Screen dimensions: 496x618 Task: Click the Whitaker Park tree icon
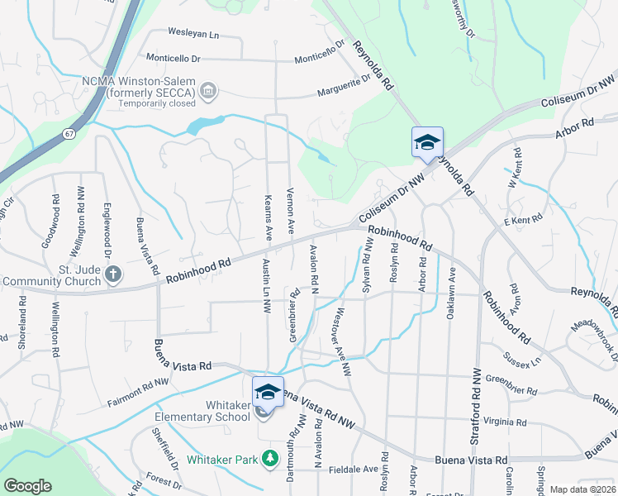click(269, 458)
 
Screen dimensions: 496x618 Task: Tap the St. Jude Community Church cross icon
click(114, 272)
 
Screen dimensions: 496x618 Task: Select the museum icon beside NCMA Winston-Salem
click(208, 89)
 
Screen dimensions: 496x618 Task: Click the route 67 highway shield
click(69, 132)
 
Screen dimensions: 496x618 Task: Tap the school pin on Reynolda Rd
click(427, 142)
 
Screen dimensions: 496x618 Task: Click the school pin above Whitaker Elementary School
click(268, 392)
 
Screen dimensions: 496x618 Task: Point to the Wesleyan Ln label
click(193, 34)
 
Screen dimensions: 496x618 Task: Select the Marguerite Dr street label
click(345, 85)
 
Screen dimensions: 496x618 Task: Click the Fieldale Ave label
click(354, 469)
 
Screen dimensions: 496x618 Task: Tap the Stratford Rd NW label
click(476, 403)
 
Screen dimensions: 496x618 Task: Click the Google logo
click(27, 486)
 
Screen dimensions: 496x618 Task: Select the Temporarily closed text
click(156, 103)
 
